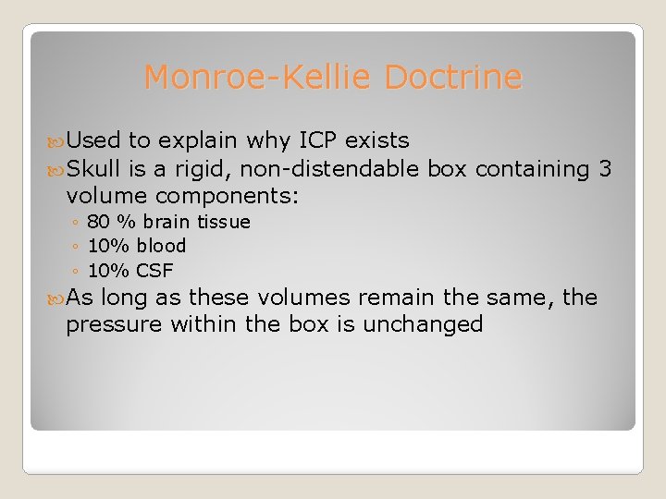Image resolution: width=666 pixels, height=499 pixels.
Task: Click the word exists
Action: [376, 141]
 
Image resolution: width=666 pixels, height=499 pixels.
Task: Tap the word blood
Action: [161, 247]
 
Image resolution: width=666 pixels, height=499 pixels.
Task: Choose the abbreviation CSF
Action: [154, 271]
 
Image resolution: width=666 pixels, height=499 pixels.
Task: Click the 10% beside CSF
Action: [108, 271]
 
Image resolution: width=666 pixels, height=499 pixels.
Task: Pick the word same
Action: [523, 298]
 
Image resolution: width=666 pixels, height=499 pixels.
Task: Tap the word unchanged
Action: [423, 325]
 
